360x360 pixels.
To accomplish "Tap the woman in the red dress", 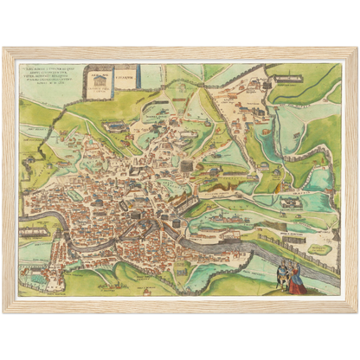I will [296, 280].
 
